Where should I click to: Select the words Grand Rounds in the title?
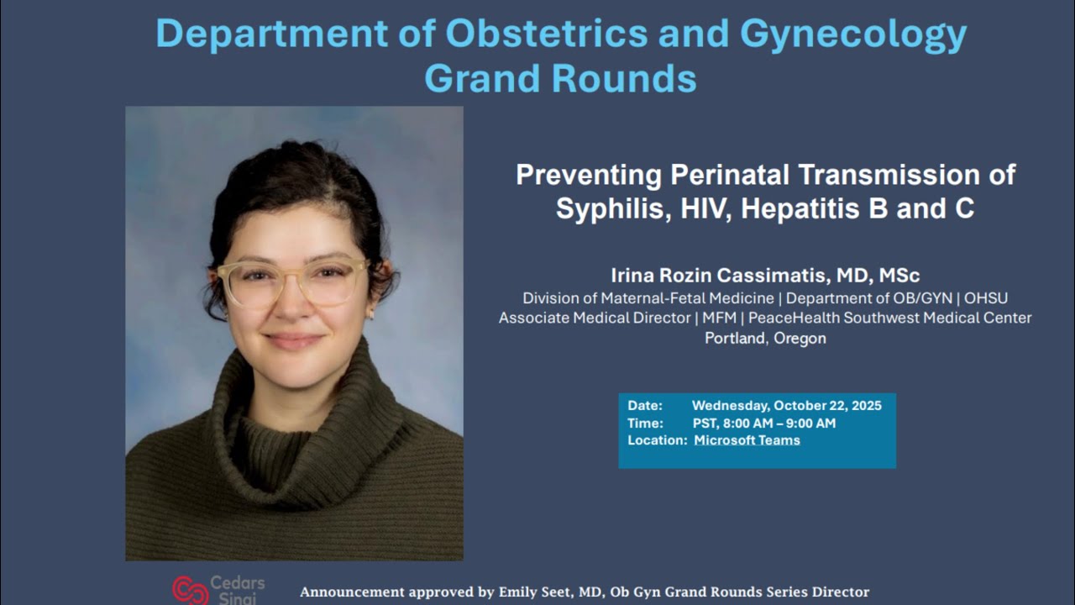[x=560, y=78]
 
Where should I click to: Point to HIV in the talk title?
[x=710, y=208]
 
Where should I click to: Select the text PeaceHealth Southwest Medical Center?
[x=890, y=318]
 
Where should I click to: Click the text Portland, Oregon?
[x=765, y=338]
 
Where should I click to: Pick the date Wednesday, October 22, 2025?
[x=786, y=405]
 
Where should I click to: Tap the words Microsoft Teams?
[x=747, y=440]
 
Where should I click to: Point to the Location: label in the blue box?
[x=658, y=440]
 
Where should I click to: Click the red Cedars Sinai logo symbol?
[x=189, y=590]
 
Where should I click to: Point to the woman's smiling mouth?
[x=294, y=341]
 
